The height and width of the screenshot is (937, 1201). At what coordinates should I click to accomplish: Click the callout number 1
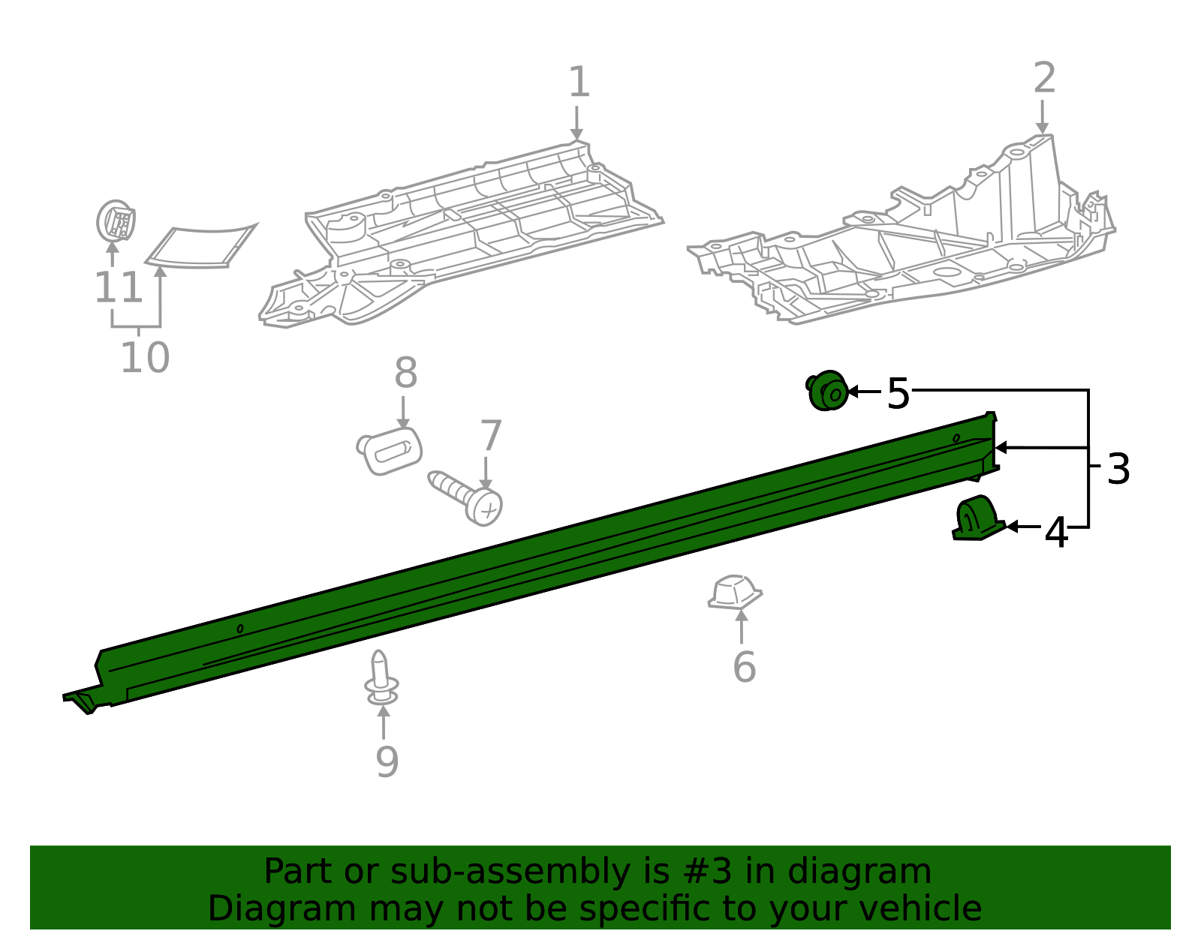[579, 82]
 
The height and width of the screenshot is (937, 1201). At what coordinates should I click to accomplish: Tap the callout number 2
[1044, 78]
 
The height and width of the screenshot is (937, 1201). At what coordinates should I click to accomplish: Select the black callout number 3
[1118, 469]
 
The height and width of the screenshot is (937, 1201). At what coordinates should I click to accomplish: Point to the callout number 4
[1055, 533]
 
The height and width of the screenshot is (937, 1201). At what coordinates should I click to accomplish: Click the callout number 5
[898, 393]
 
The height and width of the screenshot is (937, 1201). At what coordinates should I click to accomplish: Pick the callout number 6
[744, 666]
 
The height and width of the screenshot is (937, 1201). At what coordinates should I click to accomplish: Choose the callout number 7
[491, 435]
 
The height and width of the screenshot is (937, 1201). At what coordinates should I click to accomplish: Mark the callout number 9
[387, 762]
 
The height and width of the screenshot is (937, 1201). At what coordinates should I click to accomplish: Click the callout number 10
[145, 357]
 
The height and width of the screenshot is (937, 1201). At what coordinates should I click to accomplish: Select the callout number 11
[119, 287]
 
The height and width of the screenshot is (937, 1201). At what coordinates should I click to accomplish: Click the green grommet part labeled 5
[827, 390]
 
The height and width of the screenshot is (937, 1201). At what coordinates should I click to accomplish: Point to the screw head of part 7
[483, 507]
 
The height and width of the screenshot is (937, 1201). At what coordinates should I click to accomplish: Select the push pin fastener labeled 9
[381, 678]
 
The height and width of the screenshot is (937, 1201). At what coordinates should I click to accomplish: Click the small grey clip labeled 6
[735, 593]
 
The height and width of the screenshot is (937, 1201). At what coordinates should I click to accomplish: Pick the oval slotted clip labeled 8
[390, 451]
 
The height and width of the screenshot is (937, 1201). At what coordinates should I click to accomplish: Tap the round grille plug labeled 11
[116, 221]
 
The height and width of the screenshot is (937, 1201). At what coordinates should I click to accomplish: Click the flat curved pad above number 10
[200, 246]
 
